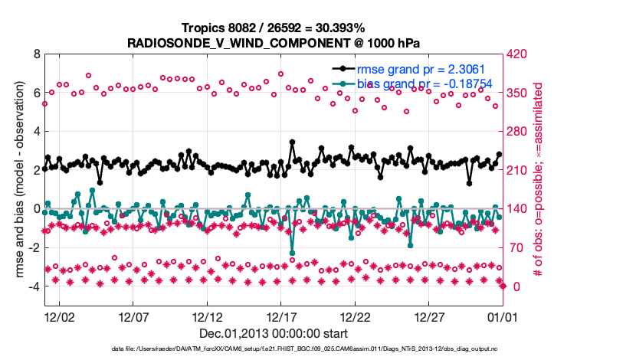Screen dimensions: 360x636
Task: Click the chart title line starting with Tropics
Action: click(273, 28)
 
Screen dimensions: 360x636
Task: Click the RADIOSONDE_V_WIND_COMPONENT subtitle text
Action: click(273, 42)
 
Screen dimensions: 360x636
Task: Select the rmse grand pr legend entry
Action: click(414, 67)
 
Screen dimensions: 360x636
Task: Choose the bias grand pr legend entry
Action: click(414, 83)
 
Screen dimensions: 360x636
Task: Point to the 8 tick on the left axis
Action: click(36, 55)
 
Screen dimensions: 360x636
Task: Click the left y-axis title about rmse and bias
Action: click(18, 181)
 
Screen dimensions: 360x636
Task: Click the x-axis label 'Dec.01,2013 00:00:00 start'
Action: click(273, 333)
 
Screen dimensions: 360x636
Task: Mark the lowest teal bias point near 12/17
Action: click(292, 253)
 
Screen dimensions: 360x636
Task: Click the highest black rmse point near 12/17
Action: click(292, 142)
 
